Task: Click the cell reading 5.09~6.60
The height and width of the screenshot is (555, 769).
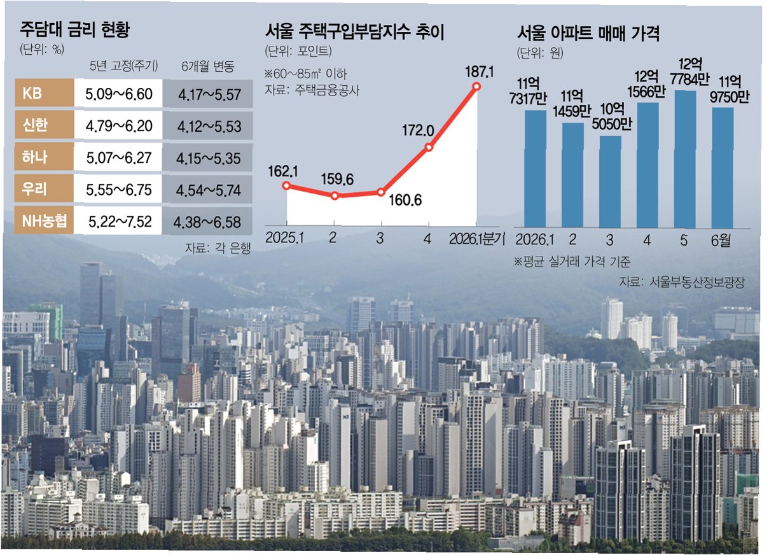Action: pyautogui.click(x=118, y=94)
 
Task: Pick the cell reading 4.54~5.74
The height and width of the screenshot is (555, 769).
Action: pyautogui.click(x=208, y=190)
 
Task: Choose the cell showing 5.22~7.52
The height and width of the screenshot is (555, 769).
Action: pyautogui.click(x=120, y=222)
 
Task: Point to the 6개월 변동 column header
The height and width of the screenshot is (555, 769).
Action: pyautogui.click(x=208, y=66)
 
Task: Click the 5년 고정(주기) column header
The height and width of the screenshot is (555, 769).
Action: pyautogui.click(x=123, y=66)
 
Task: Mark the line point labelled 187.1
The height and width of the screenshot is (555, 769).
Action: pyautogui.click(x=476, y=87)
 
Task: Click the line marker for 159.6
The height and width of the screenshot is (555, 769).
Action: pyautogui.click(x=335, y=196)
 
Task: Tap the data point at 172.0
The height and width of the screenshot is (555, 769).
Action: pyautogui.click(x=429, y=147)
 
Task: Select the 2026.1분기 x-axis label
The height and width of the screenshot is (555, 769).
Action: pyautogui.click(x=477, y=238)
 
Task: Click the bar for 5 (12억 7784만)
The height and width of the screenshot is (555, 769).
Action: pyautogui.click(x=685, y=159)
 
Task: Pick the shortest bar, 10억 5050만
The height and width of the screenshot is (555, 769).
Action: pyautogui.click(x=611, y=181)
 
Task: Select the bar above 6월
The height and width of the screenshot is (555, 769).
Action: pyautogui.click(x=723, y=167)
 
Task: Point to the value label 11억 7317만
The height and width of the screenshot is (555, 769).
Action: pyautogui.click(x=528, y=92)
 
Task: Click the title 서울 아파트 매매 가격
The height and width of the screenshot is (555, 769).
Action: pyautogui.click(x=588, y=33)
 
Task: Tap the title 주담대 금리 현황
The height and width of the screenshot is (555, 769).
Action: pyautogui.click(x=75, y=29)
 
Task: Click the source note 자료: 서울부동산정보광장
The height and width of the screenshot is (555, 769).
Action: pyautogui.click(x=682, y=281)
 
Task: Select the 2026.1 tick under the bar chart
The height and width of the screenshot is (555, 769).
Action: pyautogui.click(x=534, y=239)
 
